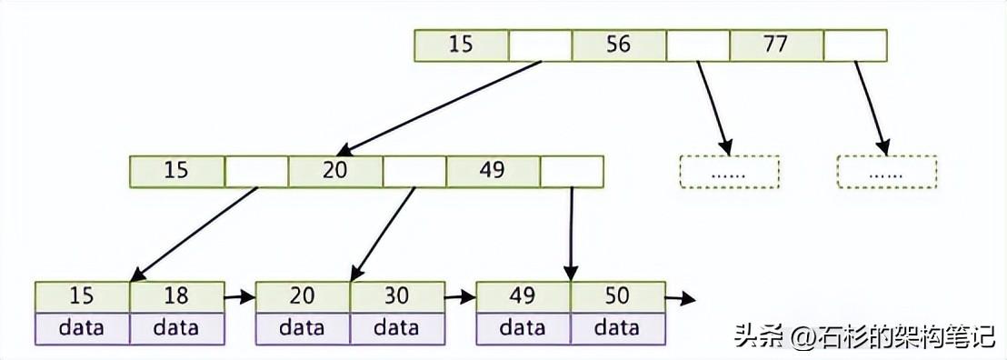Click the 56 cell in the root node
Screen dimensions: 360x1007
pyautogui.click(x=619, y=45)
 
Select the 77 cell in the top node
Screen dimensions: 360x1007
pyautogui.click(x=776, y=45)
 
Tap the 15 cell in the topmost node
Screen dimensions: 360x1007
pyautogui.click(x=461, y=45)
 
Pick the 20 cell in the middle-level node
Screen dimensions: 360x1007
pyautogui.click(x=335, y=171)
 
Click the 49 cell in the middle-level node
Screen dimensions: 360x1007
pyautogui.click(x=493, y=171)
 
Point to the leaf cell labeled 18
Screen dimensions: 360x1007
pyautogui.click(x=176, y=296)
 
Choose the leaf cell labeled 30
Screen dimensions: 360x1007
pyautogui.click(x=397, y=296)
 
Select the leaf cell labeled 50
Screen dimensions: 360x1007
pyautogui.click(x=617, y=296)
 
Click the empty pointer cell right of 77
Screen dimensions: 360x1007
pyautogui.click(x=854, y=45)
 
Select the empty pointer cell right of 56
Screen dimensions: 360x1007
pyautogui.click(x=698, y=45)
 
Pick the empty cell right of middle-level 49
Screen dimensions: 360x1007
pyautogui.click(x=572, y=171)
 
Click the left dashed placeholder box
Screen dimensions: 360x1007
pyautogui.click(x=730, y=172)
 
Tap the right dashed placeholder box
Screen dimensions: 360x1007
pyautogui.click(x=886, y=172)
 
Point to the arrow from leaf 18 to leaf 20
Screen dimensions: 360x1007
pyautogui.click(x=240, y=296)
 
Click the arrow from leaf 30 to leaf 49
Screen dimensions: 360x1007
pyautogui.click(x=460, y=296)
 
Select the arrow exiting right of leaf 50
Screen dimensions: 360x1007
pyautogui.click(x=680, y=297)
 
